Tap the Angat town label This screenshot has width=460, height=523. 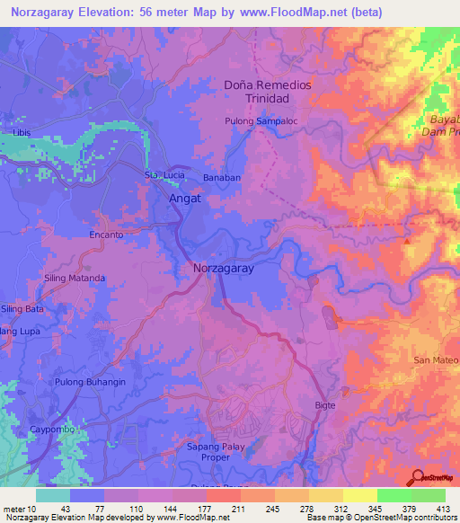click(x=185, y=199)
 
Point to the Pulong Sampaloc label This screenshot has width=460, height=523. click(x=261, y=120)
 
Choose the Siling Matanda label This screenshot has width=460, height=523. click(x=75, y=279)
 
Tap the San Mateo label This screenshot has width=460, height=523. click(x=435, y=360)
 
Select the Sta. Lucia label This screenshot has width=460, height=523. click(x=164, y=174)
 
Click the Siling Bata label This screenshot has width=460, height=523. click(x=22, y=309)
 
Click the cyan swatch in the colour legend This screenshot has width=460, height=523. click(x=53, y=495)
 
